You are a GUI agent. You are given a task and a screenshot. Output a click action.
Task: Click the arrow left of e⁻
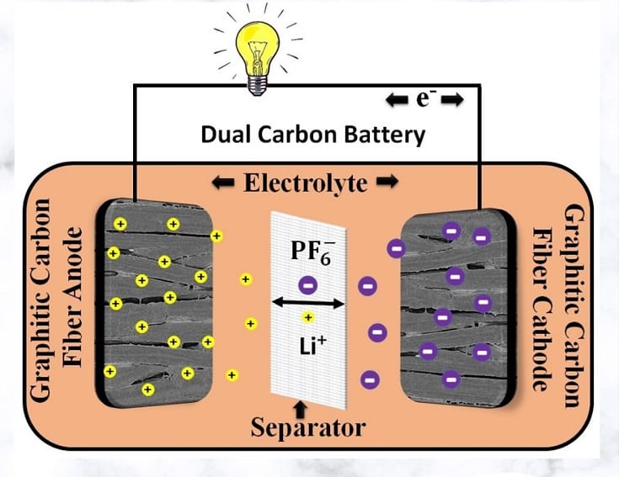pyautogui.click(x=397, y=101)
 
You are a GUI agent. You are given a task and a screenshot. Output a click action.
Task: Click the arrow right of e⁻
pyautogui.click(x=452, y=101)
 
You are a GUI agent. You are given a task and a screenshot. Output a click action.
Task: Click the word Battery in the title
pyautogui.click(x=394, y=134)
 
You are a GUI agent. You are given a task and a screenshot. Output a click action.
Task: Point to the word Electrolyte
pyautogui.click(x=307, y=182)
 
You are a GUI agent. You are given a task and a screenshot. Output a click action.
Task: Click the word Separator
pyautogui.click(x=308, y=427)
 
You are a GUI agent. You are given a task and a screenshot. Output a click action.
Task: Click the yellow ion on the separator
pyautogui.click(x=308, y=317)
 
